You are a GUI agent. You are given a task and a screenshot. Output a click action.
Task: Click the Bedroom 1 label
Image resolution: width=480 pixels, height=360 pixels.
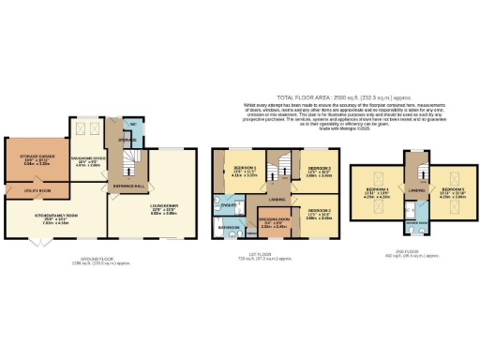pyautogui.click(x=246, y=170)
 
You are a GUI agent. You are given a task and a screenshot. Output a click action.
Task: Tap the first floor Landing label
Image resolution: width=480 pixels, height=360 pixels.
pyautogui.click(x=277, y=198)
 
